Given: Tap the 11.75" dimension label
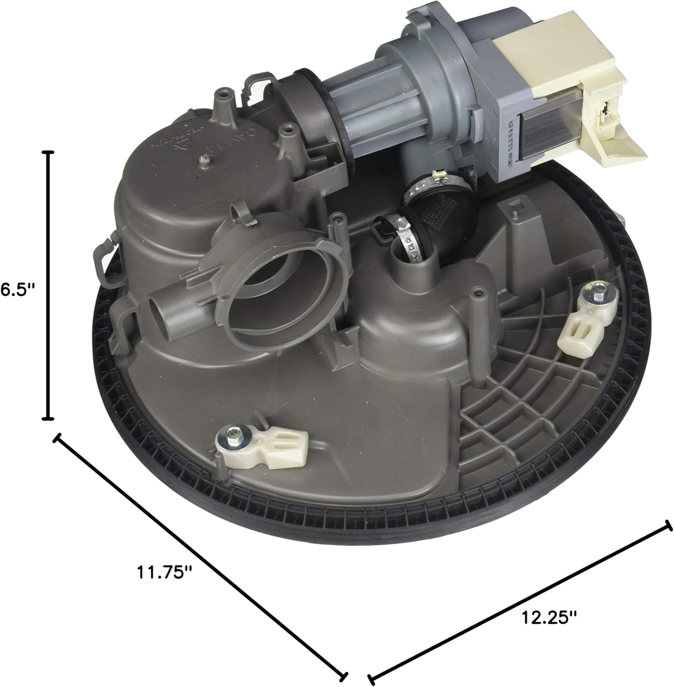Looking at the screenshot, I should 163,572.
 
